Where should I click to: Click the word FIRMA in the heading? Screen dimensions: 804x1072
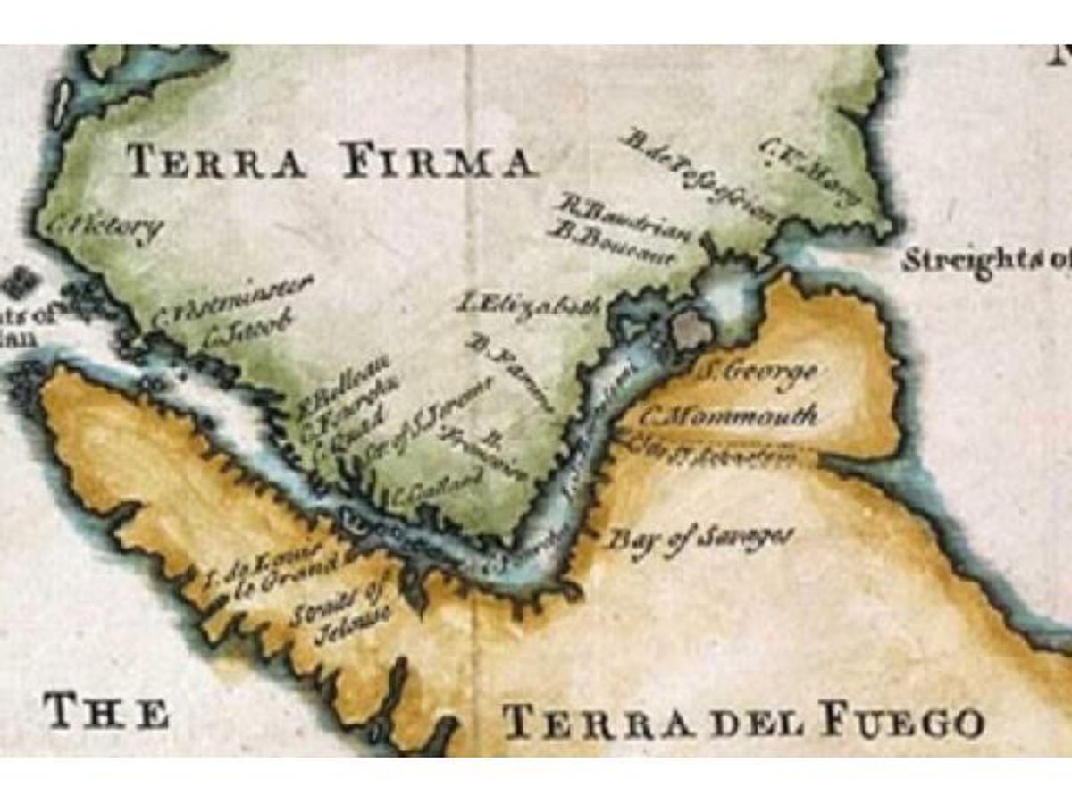click(440, 162)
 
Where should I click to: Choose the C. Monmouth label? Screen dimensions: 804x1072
click(729, 416)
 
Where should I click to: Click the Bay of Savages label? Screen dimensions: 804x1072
click(700, 540)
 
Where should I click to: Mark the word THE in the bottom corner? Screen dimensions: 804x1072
click(106, 712)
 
